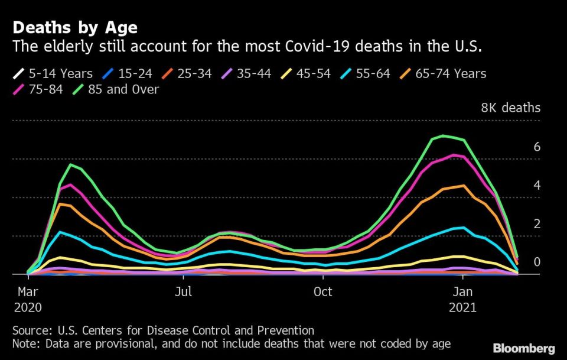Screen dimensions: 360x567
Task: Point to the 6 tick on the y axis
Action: tap(537, 147)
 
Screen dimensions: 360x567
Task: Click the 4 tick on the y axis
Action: tap(537, 185)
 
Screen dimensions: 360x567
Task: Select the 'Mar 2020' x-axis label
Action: tap(27, 300)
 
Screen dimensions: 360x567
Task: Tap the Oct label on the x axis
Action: tap(322, 292)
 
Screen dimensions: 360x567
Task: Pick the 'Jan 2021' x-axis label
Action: tap(462, 300)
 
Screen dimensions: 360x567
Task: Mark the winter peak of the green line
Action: tap(443, 136)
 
